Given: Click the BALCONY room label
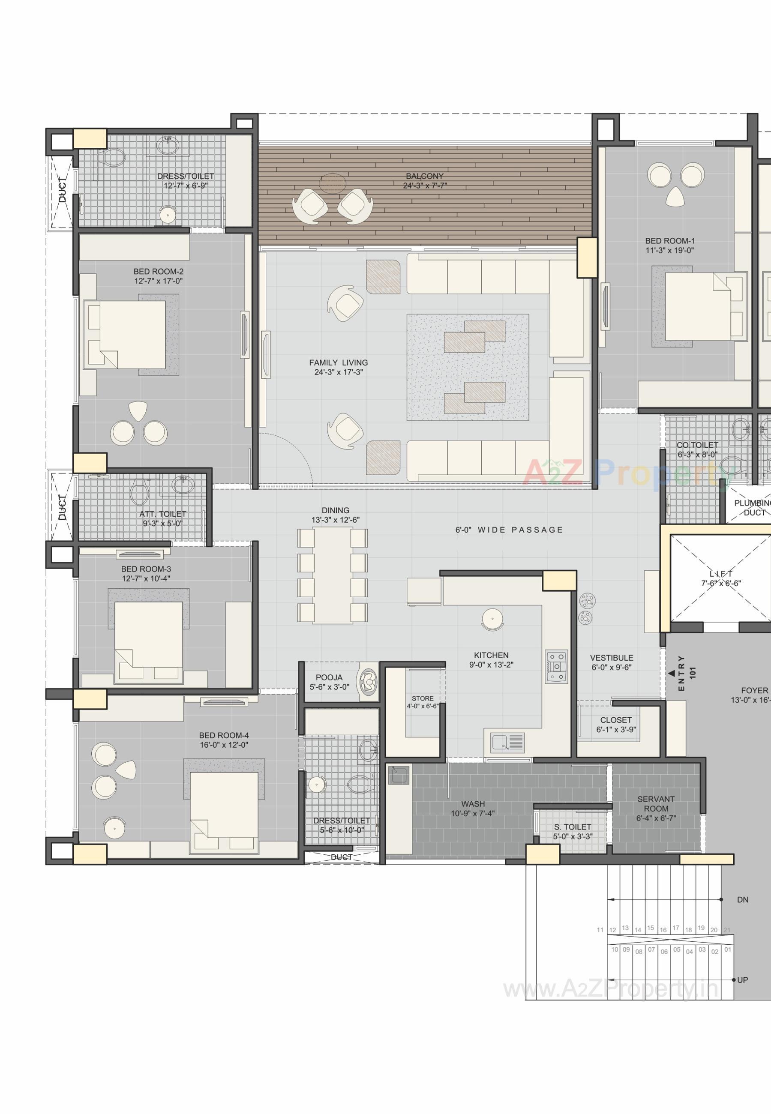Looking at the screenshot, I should (424, 176).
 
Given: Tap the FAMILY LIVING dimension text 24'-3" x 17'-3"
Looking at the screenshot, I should (338, 372).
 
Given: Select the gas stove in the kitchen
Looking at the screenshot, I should (557, 666).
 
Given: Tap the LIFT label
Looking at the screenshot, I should (721, 574).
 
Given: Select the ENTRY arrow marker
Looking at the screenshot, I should (672, 673).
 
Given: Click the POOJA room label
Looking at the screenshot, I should (329, 677).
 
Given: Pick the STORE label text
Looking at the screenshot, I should (422, 698).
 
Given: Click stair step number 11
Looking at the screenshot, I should (600, 929).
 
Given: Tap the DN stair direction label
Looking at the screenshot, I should (742, 900).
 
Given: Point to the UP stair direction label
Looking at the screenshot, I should (742, 980).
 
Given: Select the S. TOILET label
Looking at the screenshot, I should (573, 827).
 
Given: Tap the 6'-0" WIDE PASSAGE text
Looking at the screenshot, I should (509, 530).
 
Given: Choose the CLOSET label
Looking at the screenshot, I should (616, 720).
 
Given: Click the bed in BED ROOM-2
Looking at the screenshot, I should (126, 335).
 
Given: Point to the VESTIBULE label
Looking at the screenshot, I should (611, 658).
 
